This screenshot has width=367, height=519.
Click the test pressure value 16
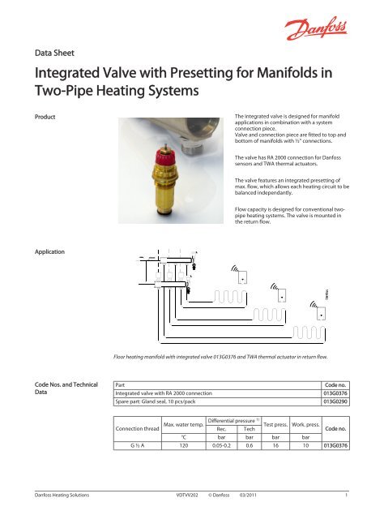(287, 444)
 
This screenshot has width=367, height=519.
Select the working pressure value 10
(315, 444)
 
